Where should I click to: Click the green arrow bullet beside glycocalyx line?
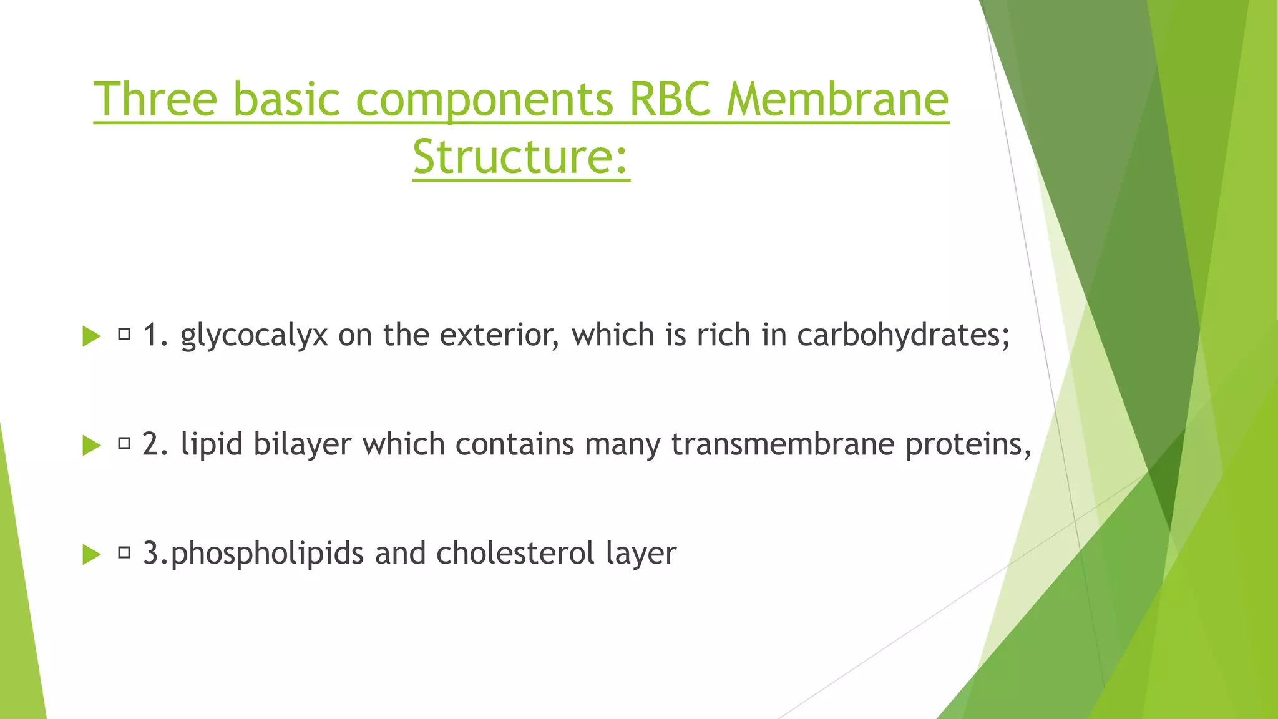(x=91, y=336)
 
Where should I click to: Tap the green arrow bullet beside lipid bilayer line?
(x=91, y=446)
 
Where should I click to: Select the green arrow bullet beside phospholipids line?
(x=91, y=554)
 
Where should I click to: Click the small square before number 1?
(x=124, y=335)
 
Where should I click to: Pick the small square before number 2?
(x=124, y=444)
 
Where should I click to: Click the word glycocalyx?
(x=254, y=336)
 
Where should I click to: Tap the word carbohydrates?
(x=903, y=335)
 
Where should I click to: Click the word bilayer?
(x=303, y=444)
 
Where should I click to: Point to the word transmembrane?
(x=783, y=444)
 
